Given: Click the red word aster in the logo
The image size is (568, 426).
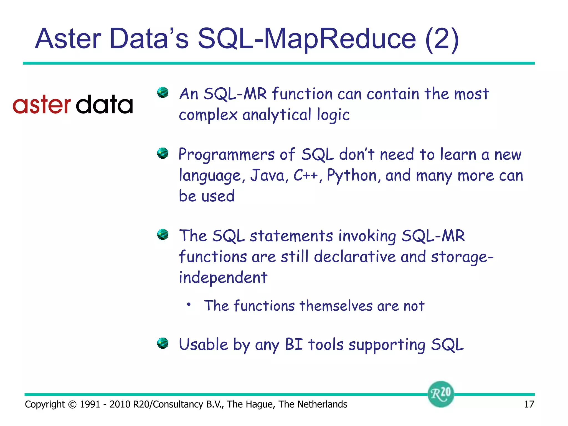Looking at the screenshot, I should [x=42, y=105].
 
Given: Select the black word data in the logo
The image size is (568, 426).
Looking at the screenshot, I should [x=104, y=105].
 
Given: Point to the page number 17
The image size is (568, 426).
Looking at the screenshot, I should [x=529, y=404].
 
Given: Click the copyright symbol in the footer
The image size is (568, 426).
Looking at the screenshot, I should [x=72, y=405].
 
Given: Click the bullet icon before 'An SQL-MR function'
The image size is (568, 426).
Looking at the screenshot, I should [x=163, y=93].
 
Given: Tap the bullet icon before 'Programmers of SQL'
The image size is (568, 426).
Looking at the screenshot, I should [x=163, y=153].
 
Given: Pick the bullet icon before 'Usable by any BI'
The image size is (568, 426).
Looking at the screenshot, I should [x=163, y=343].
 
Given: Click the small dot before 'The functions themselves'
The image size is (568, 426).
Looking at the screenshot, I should [x=189, y=304].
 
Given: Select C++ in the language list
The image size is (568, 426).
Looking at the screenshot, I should [x=305, y=176].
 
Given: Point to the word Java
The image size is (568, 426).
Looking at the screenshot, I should [x=267, y=176].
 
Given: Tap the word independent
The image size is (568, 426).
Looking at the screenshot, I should [x=223, y=278].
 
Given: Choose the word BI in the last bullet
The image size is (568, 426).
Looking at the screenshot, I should [x=294, y=345].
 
